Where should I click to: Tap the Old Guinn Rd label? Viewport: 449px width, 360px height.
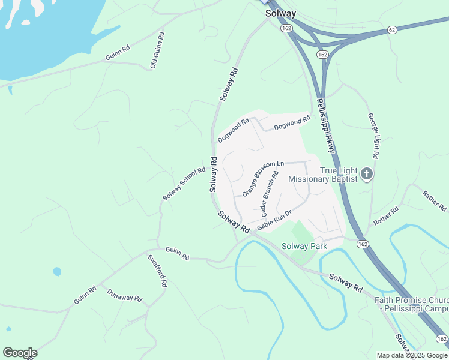(x=157, y=50)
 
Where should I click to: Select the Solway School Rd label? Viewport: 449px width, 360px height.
(x=184, y=184)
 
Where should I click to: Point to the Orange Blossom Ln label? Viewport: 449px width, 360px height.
(x=263, y=177)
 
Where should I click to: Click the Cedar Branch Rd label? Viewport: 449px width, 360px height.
(x=270, y=194)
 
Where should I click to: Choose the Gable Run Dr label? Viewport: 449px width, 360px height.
(x=274, y=220)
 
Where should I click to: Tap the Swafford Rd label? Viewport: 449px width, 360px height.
(x=157, y=271)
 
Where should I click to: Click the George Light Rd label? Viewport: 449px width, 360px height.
(x=373, y=136)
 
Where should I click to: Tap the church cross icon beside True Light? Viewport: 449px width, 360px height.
(x=367, y=175)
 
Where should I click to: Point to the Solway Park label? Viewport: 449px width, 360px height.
(x=304, y=246)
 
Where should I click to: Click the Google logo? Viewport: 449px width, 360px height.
(x=20, y=353)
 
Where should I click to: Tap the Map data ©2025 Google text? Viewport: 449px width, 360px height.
(x=412, y=355)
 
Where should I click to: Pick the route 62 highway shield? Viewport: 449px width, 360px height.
(x=392, y=29)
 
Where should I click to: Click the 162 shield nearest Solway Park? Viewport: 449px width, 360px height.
(x=362, y=244)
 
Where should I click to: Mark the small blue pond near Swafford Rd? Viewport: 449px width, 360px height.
(x=57, y=271)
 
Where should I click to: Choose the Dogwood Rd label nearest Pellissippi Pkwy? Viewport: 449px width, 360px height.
(x=292, y=123)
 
